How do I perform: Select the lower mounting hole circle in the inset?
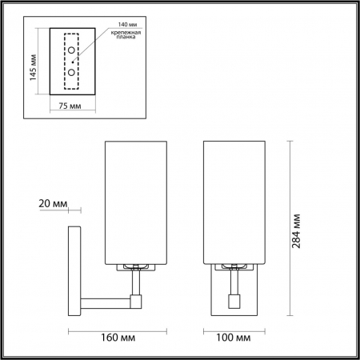[72, 71]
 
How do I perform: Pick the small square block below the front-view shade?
[235, 303]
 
